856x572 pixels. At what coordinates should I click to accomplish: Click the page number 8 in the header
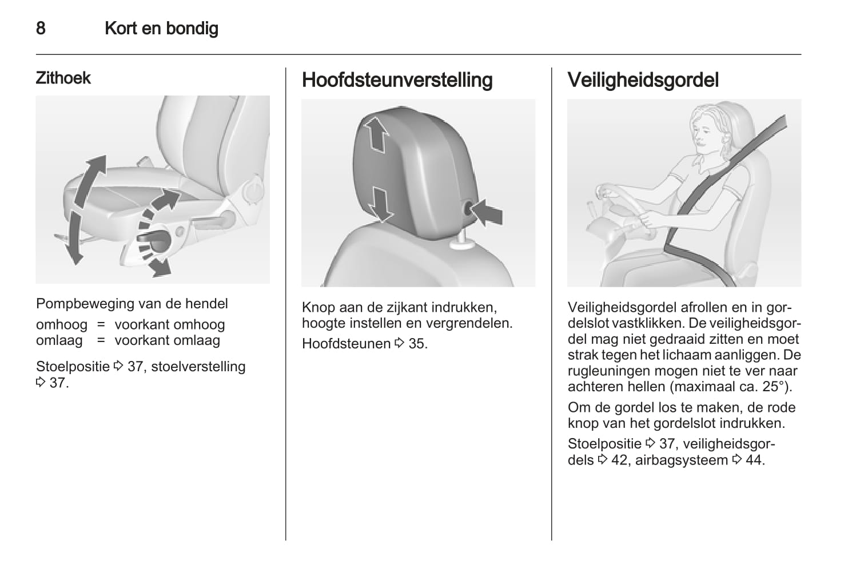(x=41, y=28)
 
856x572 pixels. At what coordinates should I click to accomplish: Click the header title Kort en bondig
(x=161, y=28)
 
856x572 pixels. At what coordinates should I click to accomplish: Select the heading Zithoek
(x=63, y=78)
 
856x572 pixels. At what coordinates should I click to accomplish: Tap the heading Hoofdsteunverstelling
(x=397, y=80)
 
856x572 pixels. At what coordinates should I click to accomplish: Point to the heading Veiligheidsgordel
(x=643, y=80)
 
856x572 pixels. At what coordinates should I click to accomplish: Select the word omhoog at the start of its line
(x=61, y=325)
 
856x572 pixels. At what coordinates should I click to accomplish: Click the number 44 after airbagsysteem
(x=755, y=460)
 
